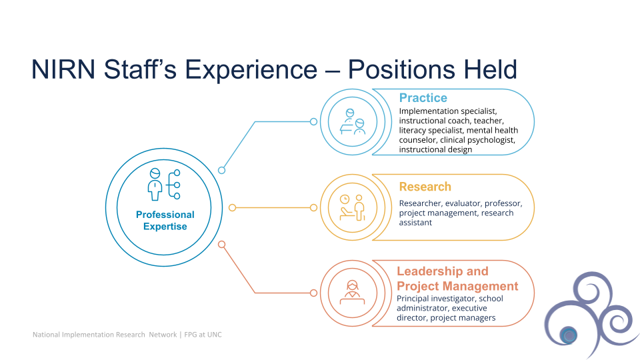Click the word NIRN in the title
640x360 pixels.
63,69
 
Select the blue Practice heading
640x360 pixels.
423,98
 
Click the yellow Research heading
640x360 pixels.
425,187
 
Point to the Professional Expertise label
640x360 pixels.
165,221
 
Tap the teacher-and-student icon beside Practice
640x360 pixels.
353,121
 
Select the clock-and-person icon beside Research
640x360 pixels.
352,207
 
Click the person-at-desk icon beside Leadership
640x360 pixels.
352,293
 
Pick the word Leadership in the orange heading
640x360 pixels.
429,271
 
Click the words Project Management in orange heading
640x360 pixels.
457,286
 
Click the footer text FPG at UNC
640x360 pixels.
203,335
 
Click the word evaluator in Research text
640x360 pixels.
463,203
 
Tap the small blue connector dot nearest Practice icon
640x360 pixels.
313,121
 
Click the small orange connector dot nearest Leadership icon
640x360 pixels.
313,293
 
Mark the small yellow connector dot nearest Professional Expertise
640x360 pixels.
232,208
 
